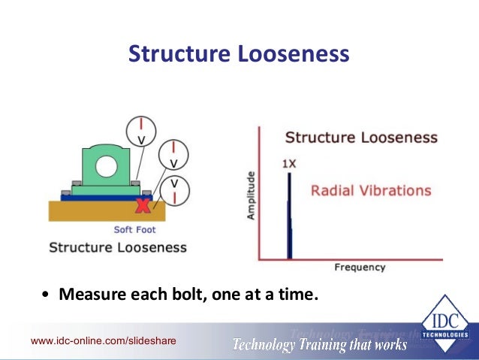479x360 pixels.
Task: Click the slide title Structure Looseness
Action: pyautogui.click(x=239, y=54)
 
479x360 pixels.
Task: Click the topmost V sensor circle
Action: pyautogui.click(x=140, y=130)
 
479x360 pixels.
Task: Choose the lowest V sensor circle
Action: pyautogui.click(x=174, y=189)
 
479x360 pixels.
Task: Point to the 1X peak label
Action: pyautogui.click(x=290, y=162)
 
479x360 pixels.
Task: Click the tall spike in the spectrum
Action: pyautogui.click(x=289, y=218)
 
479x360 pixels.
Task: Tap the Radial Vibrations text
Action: pyautogui.click(x=371, y=190)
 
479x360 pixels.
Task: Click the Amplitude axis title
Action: pyautogui.click(x=251, y=195)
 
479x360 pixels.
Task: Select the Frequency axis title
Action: pyautogui.click(x=360, y=267)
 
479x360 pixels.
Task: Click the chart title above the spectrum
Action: pyautogui.click(x=361, y=138)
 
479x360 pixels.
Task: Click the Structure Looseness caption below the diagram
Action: pyautogui.click(x=118, y=247)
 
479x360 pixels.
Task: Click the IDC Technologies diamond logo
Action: pyautogui.click(x=444, y=327)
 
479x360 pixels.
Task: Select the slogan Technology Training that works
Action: pyautogui.click(x=319, y=345)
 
